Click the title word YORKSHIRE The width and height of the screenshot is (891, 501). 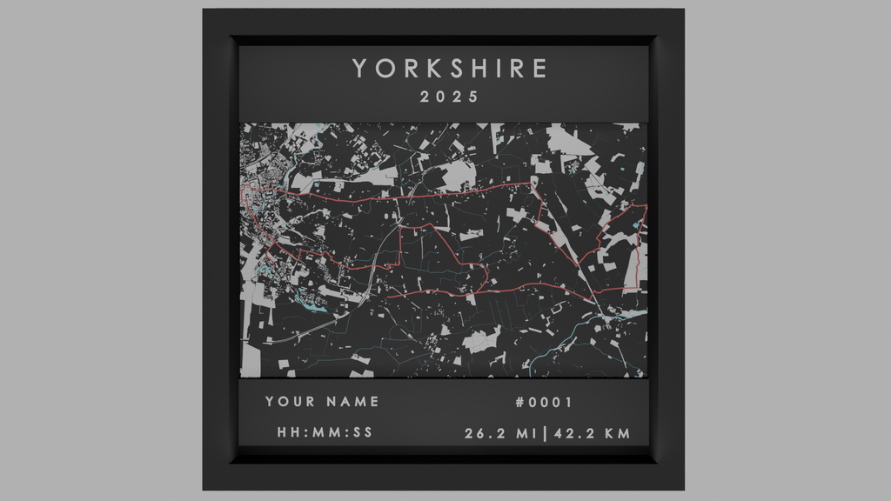click(450, 69)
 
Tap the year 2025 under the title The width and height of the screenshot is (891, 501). click(449, 97)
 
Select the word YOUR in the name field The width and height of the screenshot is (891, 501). click(291, 402)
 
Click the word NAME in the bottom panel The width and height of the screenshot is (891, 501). click(353, 402)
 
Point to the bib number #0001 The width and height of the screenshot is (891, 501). click(544, 402)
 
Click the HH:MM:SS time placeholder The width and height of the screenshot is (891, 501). click(325, 433)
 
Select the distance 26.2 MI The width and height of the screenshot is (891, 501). click(501, 433)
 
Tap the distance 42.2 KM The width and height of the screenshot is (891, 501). click(593, 433)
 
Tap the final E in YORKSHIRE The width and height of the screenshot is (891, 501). click(540, 69)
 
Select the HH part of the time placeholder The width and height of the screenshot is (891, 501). click(288, 433)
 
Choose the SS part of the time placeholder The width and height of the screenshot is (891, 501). click(363, 433)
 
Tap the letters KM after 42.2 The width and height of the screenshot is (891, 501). click(618, 433)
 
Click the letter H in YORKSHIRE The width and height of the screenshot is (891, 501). click(477, 69)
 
